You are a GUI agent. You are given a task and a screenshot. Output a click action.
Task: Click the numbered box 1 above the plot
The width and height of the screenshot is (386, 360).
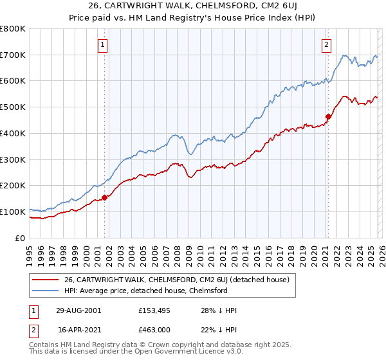tap(103, 44)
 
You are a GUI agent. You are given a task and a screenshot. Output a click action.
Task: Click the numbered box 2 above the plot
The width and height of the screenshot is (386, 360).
tap(326, 44)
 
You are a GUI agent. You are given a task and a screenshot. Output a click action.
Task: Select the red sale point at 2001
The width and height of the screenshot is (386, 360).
tap(104, 198)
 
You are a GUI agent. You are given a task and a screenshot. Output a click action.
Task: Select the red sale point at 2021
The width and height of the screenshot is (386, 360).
tap(328, 117)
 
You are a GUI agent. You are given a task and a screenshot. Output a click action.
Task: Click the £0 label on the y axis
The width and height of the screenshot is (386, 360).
tap(19, 238)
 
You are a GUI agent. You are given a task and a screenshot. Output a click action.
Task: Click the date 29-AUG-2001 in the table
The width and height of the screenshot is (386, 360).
tap(78, 310)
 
